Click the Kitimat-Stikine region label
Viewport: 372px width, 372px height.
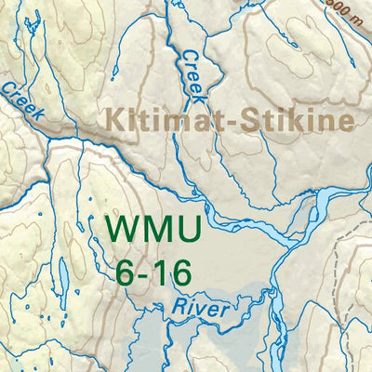click(230, 121)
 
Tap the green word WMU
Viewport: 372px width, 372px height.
click(147, 230)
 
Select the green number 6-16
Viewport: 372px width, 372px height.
click(154, 272)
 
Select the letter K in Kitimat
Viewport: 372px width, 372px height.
click(115, 121)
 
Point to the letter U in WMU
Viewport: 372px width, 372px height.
click(179, 230)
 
